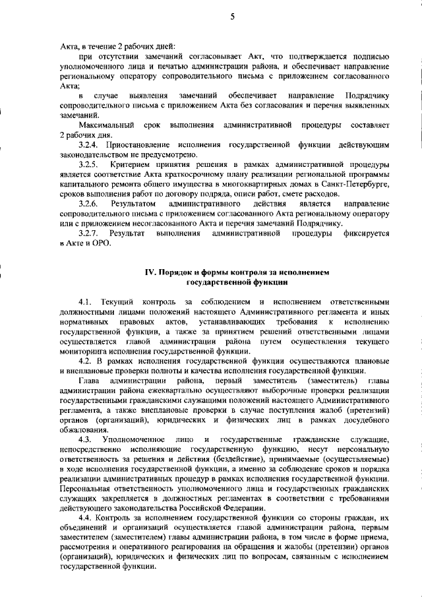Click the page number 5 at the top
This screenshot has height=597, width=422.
(x=231, y=18)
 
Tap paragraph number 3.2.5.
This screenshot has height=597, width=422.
(x=90, y=164)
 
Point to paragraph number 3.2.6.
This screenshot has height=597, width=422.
(x=90, y=204)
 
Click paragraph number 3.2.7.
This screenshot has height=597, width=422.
(x=90, y=234)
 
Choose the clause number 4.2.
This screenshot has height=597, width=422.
(x=86, y=361)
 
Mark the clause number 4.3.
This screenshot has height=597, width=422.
(x=86, y=439)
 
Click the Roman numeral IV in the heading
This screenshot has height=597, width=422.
(x=149, y=271)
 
